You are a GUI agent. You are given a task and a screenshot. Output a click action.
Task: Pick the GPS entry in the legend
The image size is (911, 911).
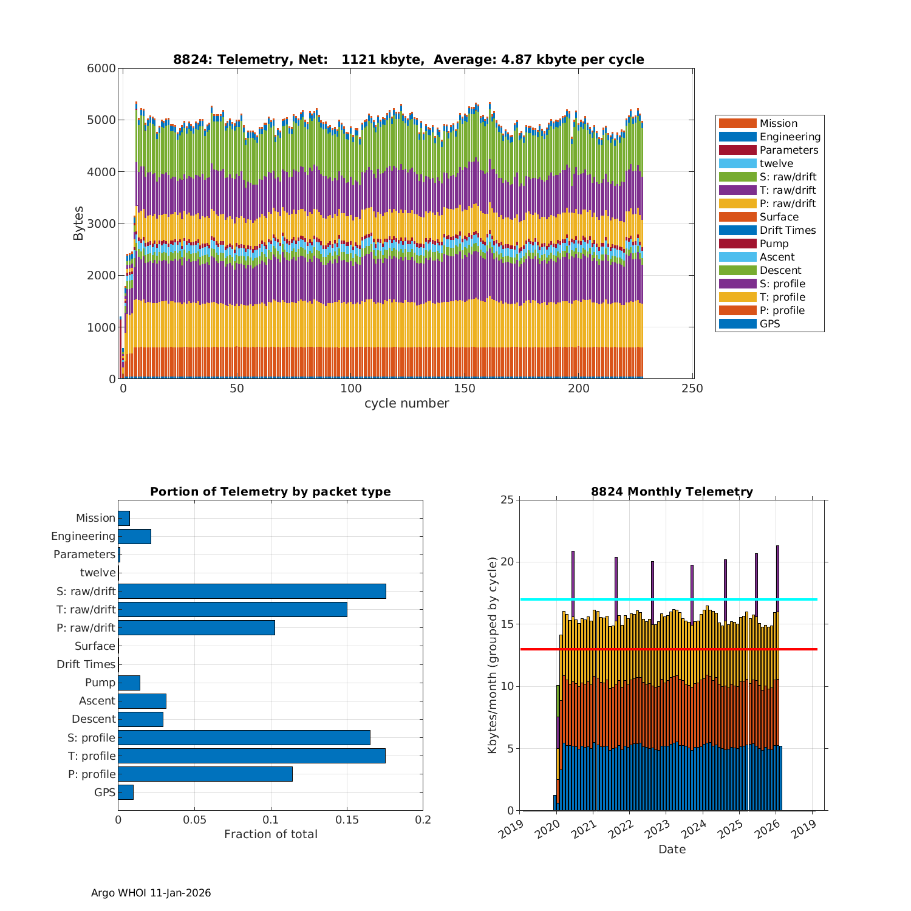point(769,324)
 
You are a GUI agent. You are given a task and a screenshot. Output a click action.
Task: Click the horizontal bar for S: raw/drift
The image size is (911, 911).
point(252,591)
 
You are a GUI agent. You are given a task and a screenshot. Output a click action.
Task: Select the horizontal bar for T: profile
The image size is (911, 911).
point(251,756)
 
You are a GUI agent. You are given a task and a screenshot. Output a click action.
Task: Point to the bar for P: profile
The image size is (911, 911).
point(205,774)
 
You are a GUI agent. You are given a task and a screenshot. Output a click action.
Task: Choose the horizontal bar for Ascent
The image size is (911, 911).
point(142,701)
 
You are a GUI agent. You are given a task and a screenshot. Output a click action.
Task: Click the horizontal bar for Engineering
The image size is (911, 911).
point(134,536)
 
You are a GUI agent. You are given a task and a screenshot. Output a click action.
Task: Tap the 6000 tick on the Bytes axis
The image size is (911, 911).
point(101,68)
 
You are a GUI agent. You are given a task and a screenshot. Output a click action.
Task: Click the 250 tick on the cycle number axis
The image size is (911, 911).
point(693,389)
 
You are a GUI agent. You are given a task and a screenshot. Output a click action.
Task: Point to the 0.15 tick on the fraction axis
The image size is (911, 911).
point(347,820)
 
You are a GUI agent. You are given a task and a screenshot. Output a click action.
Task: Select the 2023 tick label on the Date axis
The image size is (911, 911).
point(661,830)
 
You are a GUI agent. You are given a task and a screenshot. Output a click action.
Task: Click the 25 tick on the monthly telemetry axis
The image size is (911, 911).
point(507,500)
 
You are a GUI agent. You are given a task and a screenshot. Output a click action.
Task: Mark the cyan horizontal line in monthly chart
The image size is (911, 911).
point(668,599)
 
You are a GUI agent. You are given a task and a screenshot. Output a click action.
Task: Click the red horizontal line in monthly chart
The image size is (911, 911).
point(668,649)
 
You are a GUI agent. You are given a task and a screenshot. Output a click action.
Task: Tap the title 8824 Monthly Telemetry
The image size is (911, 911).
point(672,491)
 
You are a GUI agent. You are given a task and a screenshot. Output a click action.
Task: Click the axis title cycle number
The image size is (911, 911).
point(406,403)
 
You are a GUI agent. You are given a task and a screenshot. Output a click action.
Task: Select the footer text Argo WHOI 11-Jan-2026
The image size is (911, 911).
point(151,893)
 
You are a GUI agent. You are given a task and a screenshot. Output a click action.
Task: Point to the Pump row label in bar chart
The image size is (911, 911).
point(100,683)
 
